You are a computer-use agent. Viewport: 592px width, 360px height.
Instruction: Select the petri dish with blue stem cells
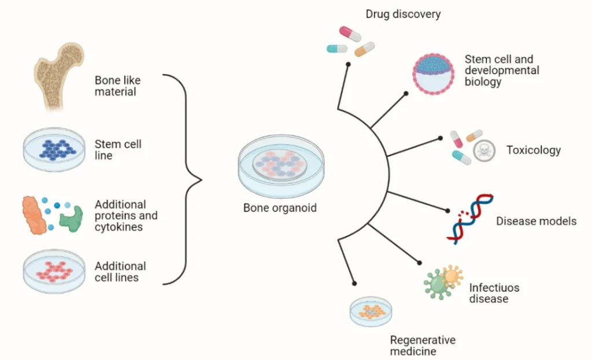pyautogui.click(x=54, y=150)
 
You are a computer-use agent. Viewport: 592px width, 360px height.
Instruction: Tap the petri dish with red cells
pyautogui.click(x=54, y=271)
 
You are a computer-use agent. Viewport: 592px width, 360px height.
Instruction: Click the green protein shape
pyautogui.click(x=71, y=219)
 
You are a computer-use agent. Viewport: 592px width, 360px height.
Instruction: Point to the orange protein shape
pyautogui.click(x=34, y=215)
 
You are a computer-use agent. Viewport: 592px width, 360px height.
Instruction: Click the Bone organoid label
pyautogui.click(x=280, y=208)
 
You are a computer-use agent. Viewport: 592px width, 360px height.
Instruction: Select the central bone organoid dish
pyautogui.click(x=281, y=166)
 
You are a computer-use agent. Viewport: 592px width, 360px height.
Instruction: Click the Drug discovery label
pyautogui.click(x=403, y=14)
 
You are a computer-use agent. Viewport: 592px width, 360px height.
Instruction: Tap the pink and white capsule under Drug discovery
pyautogui.click(x=350, y=34)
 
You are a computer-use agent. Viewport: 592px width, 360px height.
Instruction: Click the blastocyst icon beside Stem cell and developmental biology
pyautogui.click(x=433, y=74)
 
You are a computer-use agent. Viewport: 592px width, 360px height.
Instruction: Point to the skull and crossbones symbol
pyautogui.click(x=484, y=151)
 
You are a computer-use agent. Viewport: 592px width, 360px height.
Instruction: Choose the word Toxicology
pyautogui.click(x=534, y=150)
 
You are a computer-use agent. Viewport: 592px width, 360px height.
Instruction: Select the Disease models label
pyautogui.click(x=536, y=221)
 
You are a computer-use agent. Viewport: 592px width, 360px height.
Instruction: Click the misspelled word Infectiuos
pyautogui.click(x=494, y=288)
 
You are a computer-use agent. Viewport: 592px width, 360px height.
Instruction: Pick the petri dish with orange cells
pyautogui.click(x=371, y=311)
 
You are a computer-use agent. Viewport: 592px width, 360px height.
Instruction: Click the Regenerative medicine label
pyautogui.click(x=423, y=346)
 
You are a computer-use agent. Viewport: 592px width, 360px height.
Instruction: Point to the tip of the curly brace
pyautogui.click(x=202, y=180)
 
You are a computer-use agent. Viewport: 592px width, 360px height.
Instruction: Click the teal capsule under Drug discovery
pyautogui.click(x=337, y=49)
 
